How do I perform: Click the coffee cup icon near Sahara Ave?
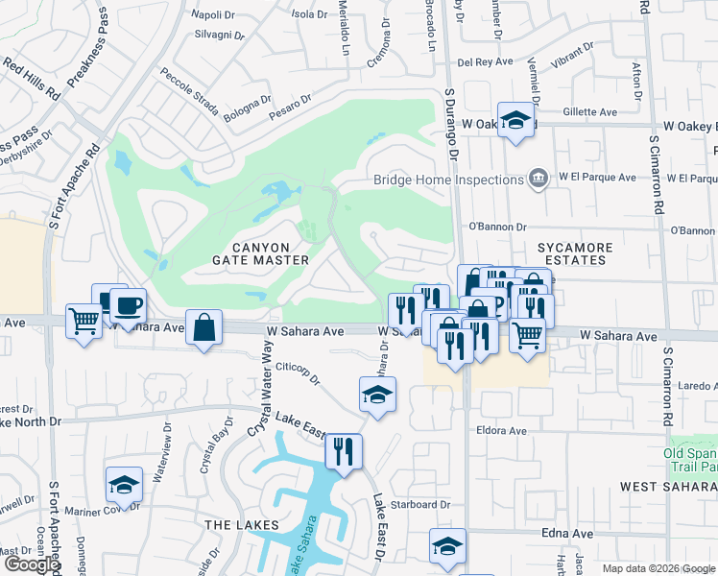[x=128, y=306]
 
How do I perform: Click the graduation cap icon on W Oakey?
[x=516, y=120]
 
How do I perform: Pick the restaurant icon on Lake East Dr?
[x=344, y=450]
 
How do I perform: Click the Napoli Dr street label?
[x=213, y=14]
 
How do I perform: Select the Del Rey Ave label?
[x=488, y=62]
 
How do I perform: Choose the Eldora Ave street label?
[x=501, y=431]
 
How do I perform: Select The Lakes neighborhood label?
[x=241, y=525]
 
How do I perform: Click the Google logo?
[x=31, y=564]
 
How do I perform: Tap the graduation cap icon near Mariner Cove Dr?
[x=124, y=485]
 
